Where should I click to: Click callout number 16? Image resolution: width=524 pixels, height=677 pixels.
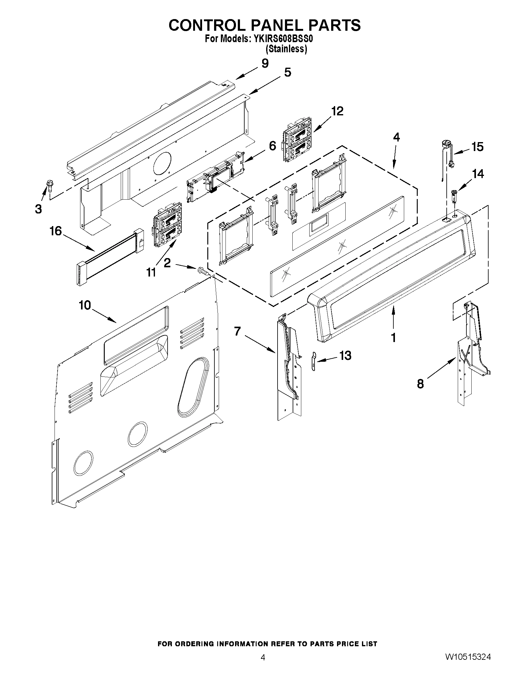pos(56,231)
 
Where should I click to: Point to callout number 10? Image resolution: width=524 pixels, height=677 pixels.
pos(84,305)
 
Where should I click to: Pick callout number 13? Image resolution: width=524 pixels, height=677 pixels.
pos(345,356)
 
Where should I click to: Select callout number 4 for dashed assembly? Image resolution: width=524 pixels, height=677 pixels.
pos(396,137)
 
